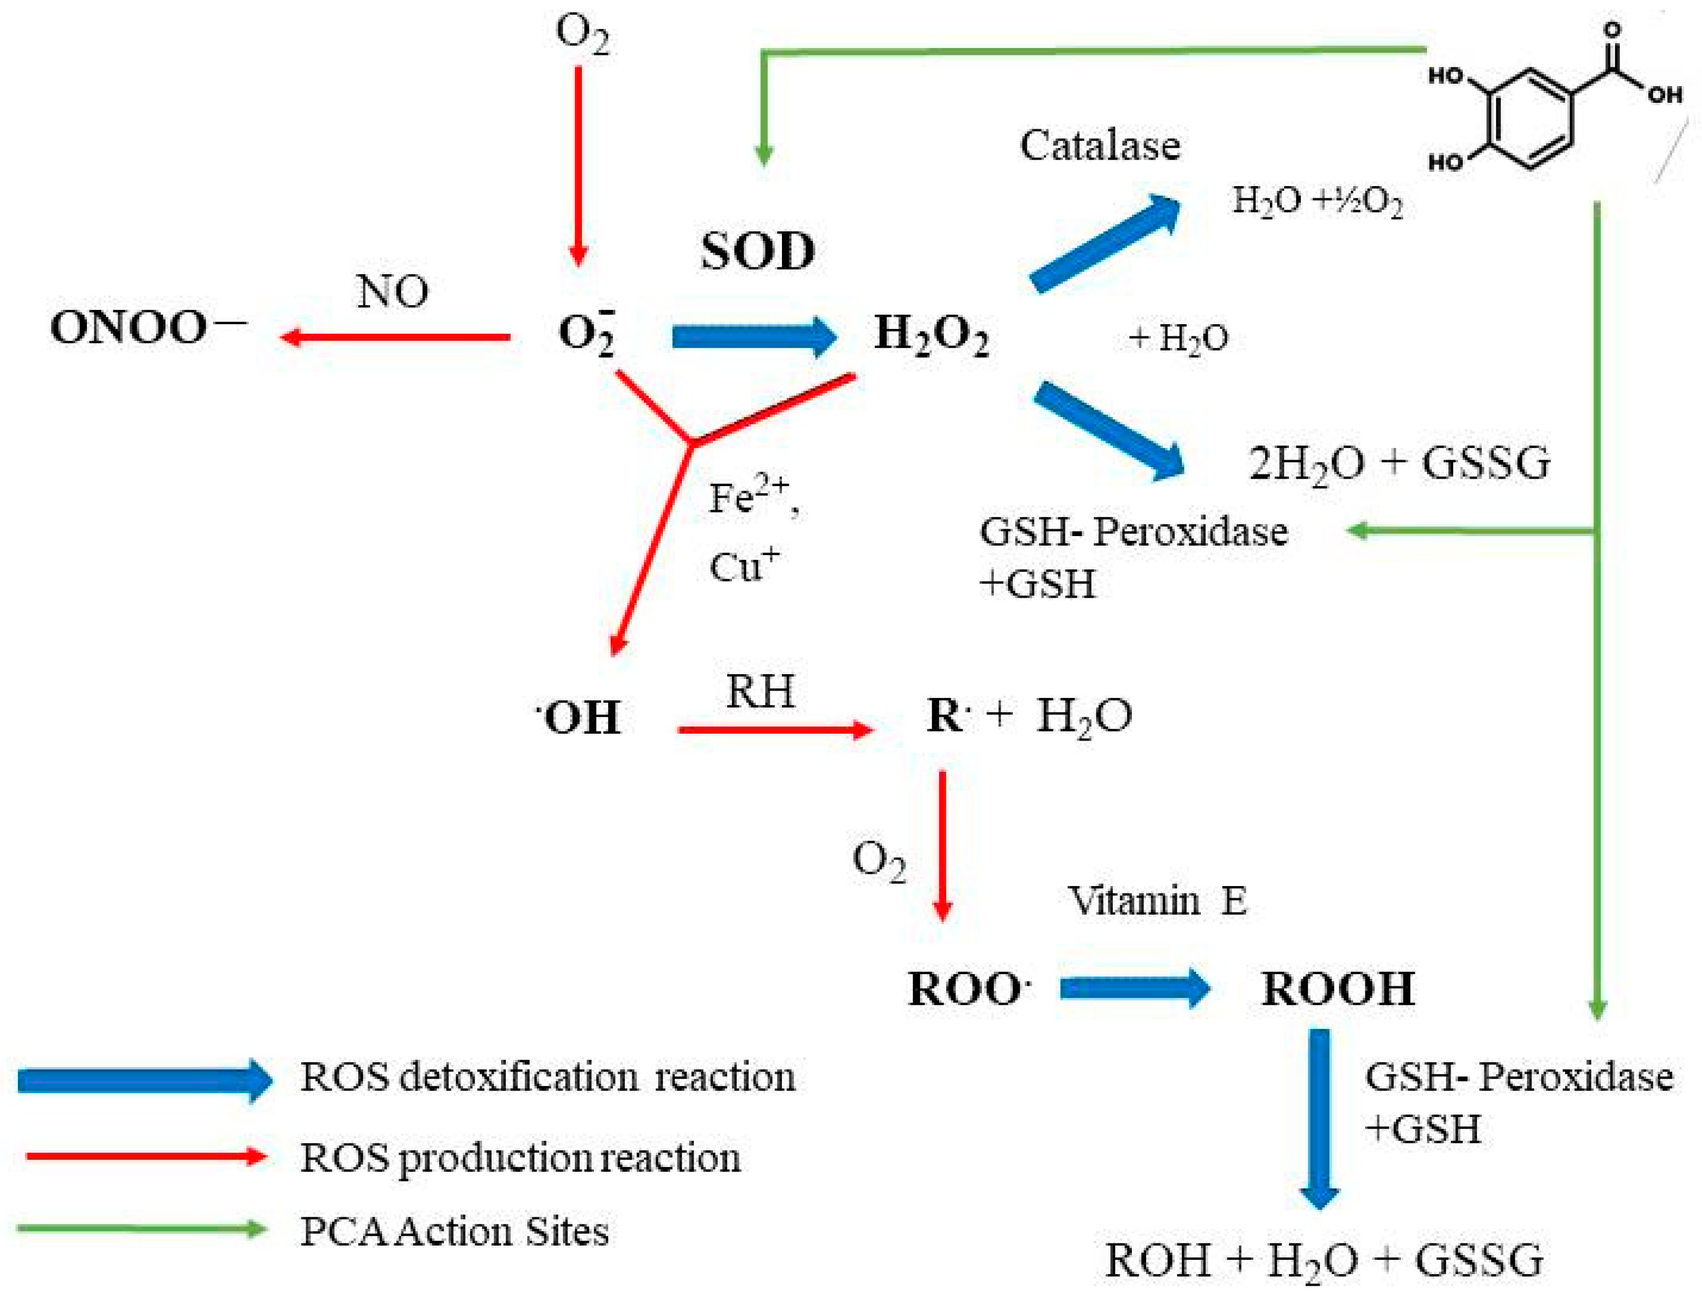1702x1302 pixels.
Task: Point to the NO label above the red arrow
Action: pyautogui.click(x=392, y=292)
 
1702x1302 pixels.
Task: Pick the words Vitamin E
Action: pyautogui.click(x=1157, y=900)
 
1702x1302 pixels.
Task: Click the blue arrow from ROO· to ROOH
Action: pyautogui.click(x=1134, y=988)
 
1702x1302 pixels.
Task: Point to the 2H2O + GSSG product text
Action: pyautogui.click(x=1399, y=463)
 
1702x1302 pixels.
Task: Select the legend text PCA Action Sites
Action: pyautogui.click(x=454, y=1231)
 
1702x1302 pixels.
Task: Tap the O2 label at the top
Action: pyautogui.click(x=582, y=35)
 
